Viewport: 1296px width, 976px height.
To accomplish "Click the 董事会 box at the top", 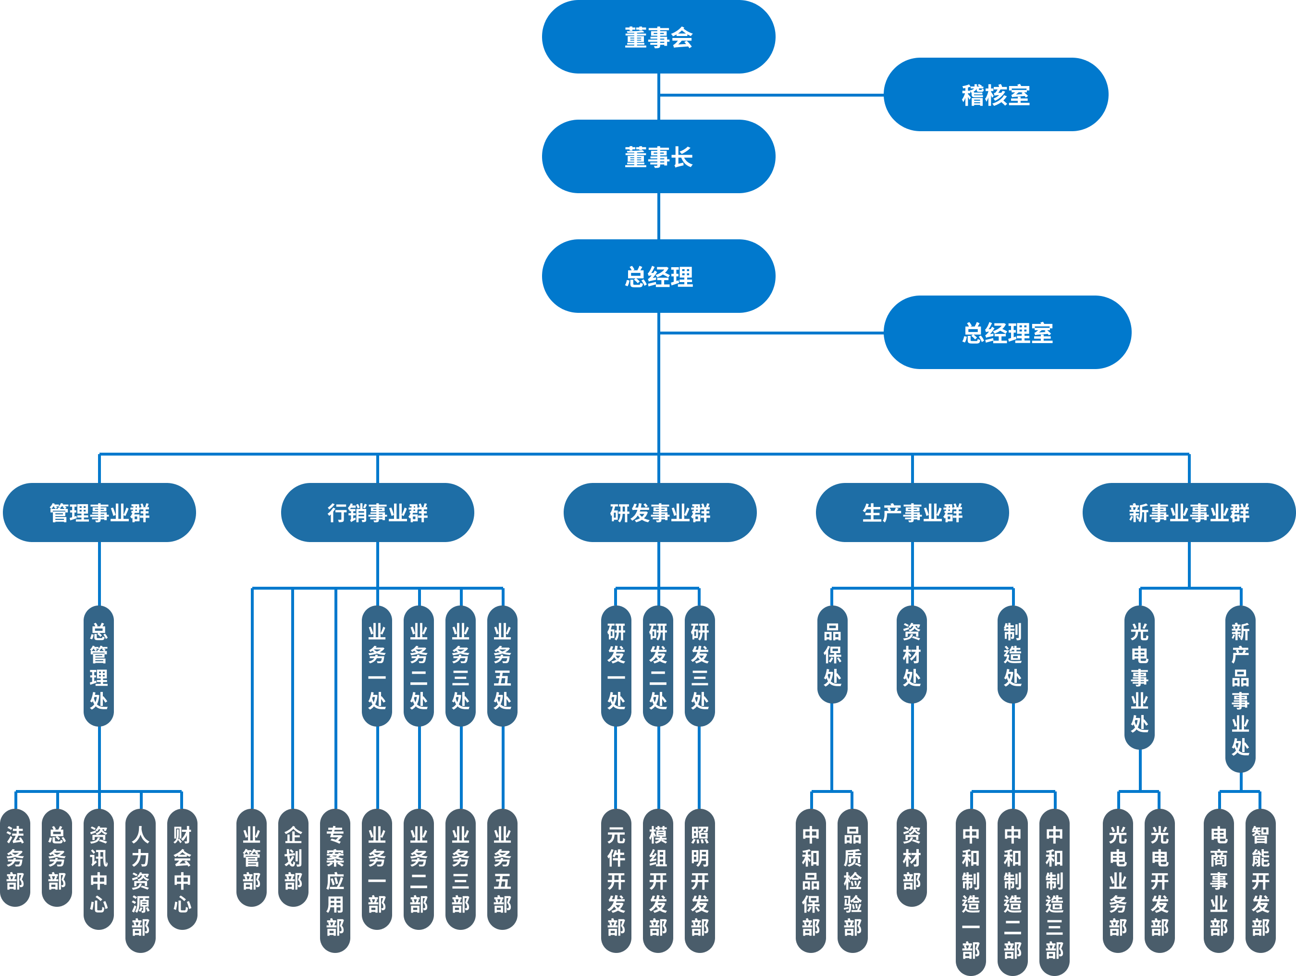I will click(x=658, y=37).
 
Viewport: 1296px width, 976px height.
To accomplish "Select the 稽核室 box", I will click(x=996, y=94).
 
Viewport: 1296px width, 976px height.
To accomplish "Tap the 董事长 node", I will click(x=658, y=156).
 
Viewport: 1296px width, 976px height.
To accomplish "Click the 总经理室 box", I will click(x=1007, y=332).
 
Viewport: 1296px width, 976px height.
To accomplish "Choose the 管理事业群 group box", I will click(x=99, y=513).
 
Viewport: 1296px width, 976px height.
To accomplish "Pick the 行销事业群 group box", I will click(x=377, y=513).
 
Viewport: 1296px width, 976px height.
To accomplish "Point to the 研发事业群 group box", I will click(x=660, y=513).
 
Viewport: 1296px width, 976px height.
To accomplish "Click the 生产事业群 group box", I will click(x=912, y=513).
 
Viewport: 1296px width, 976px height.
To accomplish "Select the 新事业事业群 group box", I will click(x=1189, y=513).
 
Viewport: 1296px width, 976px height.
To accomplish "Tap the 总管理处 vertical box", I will click(x=99, y=666).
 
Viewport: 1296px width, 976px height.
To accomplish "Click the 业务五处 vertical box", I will click(x=502, y=666).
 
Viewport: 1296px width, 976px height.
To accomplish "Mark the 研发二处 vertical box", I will click(x=658, y=666).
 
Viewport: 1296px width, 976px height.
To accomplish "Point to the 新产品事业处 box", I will click(x=1240, y=689).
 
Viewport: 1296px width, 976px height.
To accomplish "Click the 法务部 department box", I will click(x=15, y=858).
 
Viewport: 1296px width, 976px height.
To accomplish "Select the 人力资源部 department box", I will click(x=141, y=880).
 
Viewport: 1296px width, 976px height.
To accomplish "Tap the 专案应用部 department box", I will click(x=335, y=880).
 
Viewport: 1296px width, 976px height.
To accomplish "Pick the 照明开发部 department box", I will click(x=700, y=880).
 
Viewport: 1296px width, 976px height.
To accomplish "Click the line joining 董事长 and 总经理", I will click(x=659, y=216).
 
